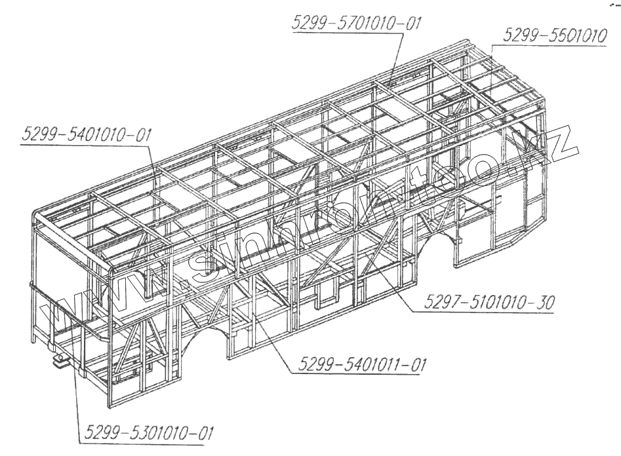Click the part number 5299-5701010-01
click(x=355, y=24)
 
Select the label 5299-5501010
click(x=554, y=37)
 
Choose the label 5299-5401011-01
click(x=359, y=365)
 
